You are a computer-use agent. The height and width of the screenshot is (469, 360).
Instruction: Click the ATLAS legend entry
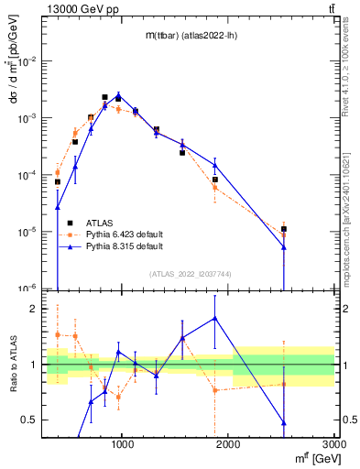[x=100, y=223]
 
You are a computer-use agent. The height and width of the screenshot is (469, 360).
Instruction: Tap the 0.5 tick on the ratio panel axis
[x=34, y=420]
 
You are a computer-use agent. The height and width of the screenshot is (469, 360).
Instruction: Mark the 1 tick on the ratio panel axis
[x=38, y=365]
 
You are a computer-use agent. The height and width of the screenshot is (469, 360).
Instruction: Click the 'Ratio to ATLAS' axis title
[x=13, y=365]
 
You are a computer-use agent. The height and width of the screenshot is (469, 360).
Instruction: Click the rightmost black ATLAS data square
[x=284, y=229]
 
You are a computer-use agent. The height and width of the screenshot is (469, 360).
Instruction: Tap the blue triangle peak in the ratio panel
[x=215, y=318]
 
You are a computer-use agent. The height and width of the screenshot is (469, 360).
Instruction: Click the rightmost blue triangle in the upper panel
[x=284, y=246]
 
